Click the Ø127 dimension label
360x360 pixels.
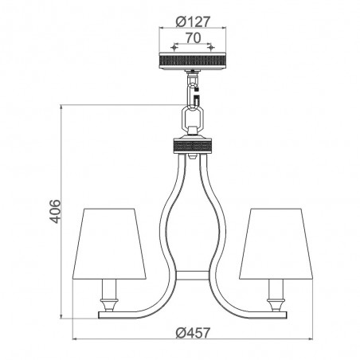pyautogui.click(x=193, y=22)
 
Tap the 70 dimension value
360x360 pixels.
pyautogui.click(x=193, y=38)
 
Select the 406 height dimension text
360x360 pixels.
pyautogui.click(x=55, y=211)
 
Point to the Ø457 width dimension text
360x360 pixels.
pyautogui.click(x=193, y=332)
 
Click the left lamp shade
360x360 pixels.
pyautogui.click(x=109, y=244)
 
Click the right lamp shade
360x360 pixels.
pyautogui.click(x=276, y=244)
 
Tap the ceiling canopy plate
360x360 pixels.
pyautogui.click(x=193, y=61)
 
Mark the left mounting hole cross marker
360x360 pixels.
pyautogui.click(x=174, y=48)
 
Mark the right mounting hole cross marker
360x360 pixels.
pyautogui.click(x=211, y=48)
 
